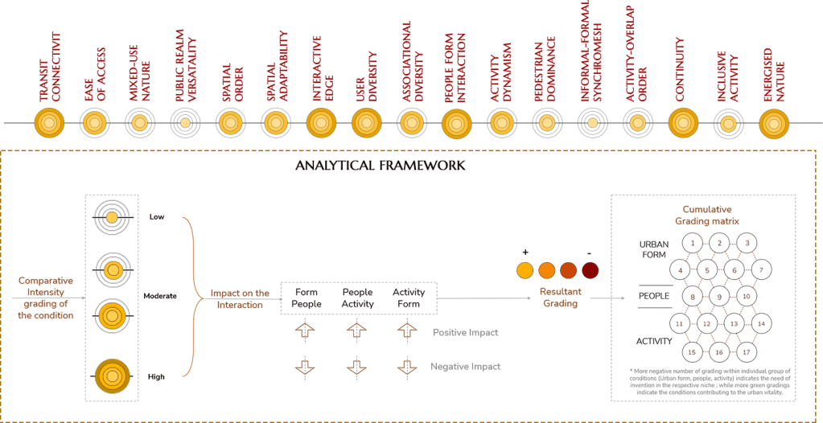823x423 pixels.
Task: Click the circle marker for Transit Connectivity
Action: coord(49,123)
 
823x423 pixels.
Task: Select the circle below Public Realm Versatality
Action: coord(185,123)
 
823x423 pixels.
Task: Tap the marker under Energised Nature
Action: coord(774,123)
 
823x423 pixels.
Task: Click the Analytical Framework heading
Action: coord(381,166)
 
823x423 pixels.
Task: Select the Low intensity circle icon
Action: coord(113,216)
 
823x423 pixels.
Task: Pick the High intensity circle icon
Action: coord(113,374)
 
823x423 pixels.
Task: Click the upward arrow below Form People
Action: coord(306,331)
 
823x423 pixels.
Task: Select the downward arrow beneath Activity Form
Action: coord(407,367)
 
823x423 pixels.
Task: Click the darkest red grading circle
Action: coord(591,270)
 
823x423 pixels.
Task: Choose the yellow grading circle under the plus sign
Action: coord(525,270)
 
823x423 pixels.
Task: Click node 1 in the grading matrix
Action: coord(693,241)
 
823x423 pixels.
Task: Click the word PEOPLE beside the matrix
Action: coord(653,296)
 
